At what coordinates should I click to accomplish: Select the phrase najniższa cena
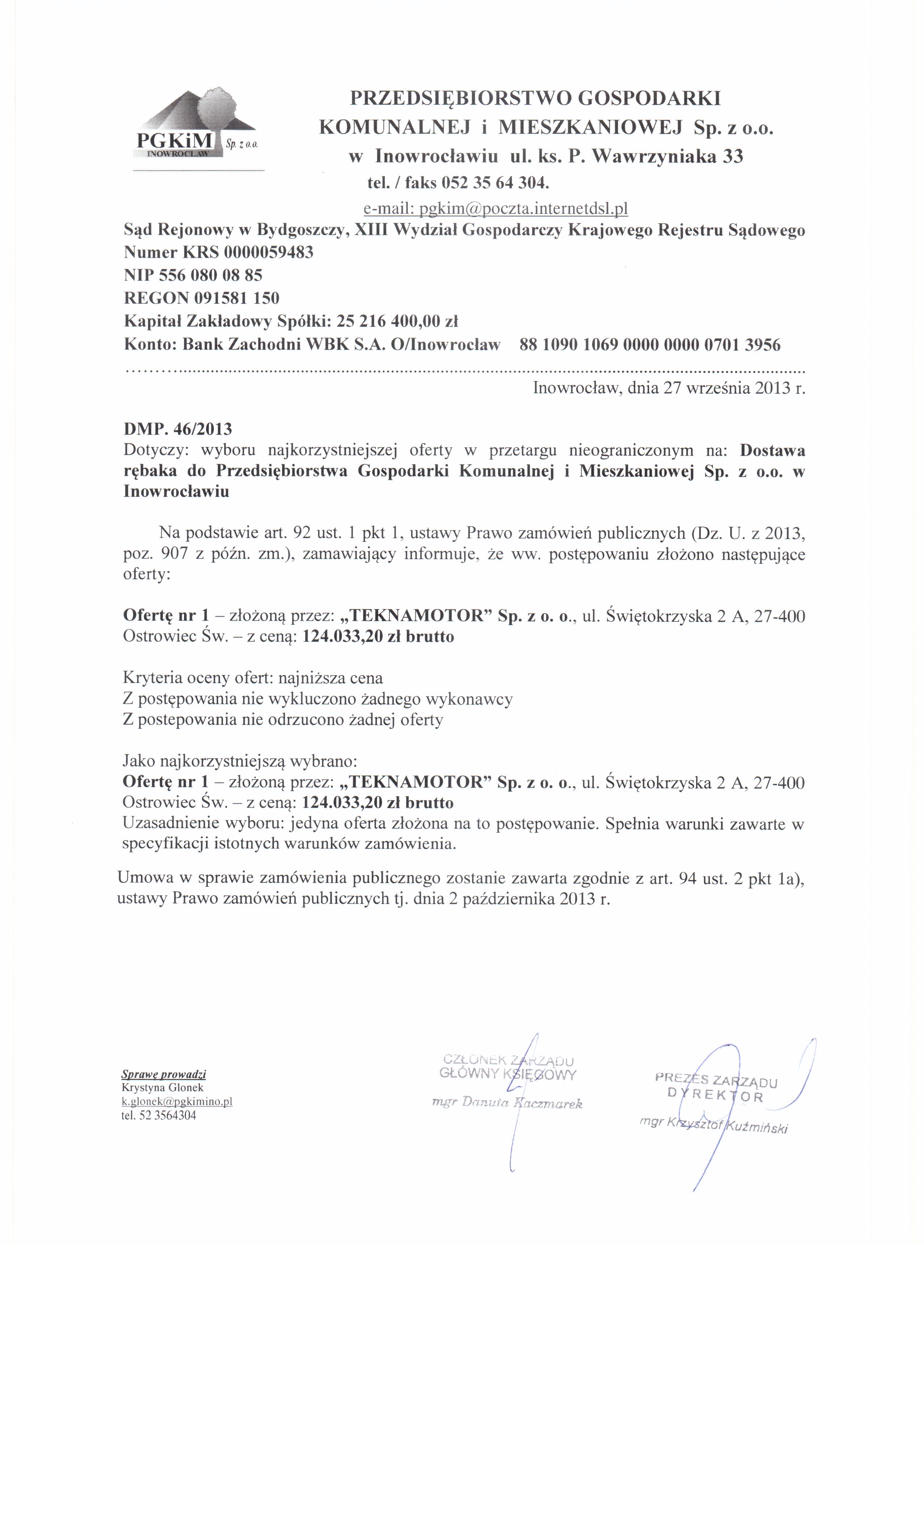coord(331,678)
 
